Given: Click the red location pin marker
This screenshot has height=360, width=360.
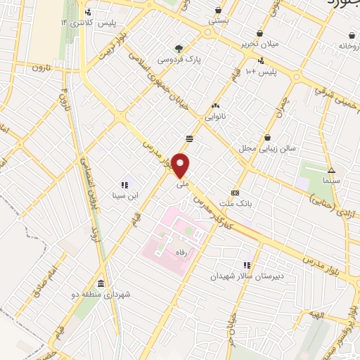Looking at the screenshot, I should [x=181, y=165].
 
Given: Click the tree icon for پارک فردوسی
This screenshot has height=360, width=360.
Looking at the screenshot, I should [x=179, y=49].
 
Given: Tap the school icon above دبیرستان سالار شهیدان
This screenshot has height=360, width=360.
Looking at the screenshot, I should [x=247, y=265].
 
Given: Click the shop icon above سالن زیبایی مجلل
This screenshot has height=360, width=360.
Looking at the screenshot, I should [x=267, y=138].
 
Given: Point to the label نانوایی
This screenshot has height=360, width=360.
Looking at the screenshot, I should [x=216, y=117].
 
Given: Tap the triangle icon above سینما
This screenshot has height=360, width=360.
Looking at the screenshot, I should [x=331, y=170].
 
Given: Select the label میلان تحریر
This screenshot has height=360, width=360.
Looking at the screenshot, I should [x=259, y=44].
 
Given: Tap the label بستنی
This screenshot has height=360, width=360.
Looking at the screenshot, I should [x=217, y=22].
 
